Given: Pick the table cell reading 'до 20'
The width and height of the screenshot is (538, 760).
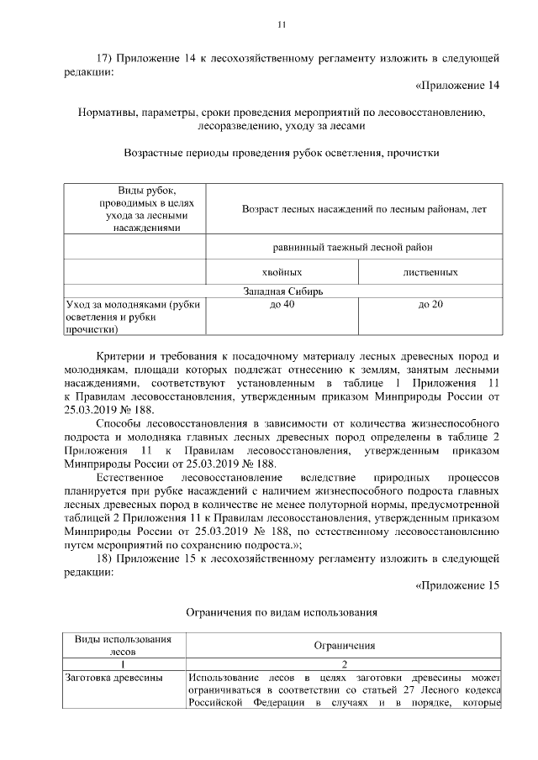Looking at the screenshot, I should pyautogui.click(x=430, y=304).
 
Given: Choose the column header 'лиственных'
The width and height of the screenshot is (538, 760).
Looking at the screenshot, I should pyautogui.click(x=430, y=273).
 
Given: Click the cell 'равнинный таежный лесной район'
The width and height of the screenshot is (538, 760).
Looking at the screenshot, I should pyautogui.click(x=353, y=248).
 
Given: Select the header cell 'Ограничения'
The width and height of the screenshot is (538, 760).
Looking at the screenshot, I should pyautogui.click(x=345, y=646).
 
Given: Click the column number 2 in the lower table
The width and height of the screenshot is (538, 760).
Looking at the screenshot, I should pyautogui.click(x=345, y=663).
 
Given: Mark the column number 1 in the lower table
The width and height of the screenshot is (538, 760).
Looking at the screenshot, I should pyautogui.click(x=123, y=663).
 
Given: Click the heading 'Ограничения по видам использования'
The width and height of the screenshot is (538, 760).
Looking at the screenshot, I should pyautogui.click(x=281, y=612).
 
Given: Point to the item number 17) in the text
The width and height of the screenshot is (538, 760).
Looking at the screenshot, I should pyautogui.click(x=105, y=58).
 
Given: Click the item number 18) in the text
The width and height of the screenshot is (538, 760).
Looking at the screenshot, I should pyautogui.click(x=105, y=558).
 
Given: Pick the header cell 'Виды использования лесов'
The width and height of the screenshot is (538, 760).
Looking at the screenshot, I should pyautogui.click(x=123, y=645).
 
